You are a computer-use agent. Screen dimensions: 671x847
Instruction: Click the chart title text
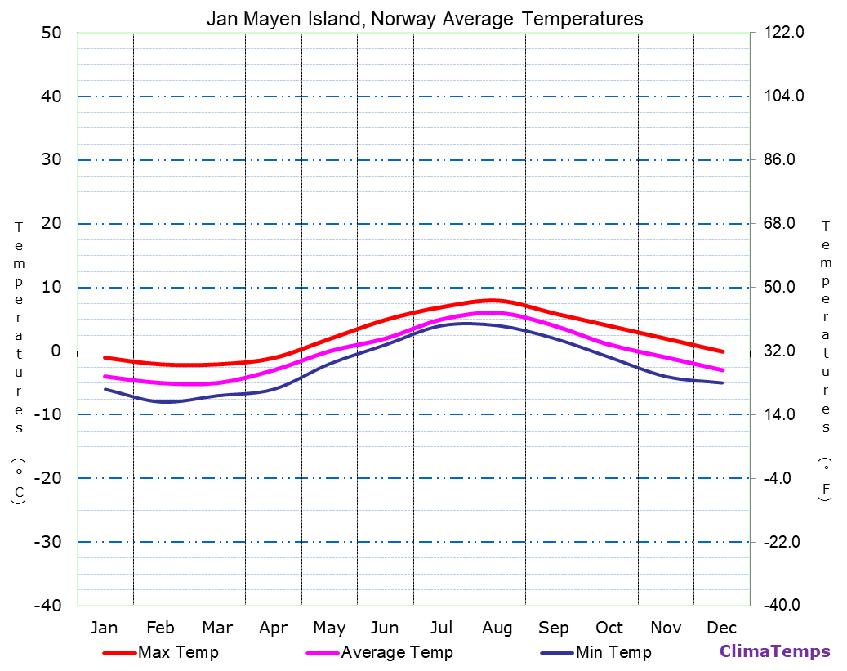point(424,18)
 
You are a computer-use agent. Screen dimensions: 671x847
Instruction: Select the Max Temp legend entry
point(178,652)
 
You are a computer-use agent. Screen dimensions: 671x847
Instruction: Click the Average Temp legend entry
point(396,652)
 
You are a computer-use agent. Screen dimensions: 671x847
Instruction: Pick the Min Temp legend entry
point(613,652)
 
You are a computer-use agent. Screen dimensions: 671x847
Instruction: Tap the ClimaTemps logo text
point(774,651)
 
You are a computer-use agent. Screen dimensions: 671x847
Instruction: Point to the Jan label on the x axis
point(104,628)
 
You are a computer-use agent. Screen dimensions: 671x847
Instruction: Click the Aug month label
point(497,628)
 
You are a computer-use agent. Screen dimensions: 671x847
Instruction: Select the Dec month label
point(722,628)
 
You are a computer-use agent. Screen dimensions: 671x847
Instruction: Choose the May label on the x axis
point(329,628)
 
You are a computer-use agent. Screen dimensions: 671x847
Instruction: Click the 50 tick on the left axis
point(51,33)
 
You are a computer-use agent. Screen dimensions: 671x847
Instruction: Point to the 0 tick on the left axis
point(56,351)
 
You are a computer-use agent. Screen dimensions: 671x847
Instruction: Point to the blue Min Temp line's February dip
point(167,402)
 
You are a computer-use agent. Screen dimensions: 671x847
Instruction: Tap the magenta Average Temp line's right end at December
point(723,370)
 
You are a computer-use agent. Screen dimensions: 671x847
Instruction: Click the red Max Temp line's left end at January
point(105,357)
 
